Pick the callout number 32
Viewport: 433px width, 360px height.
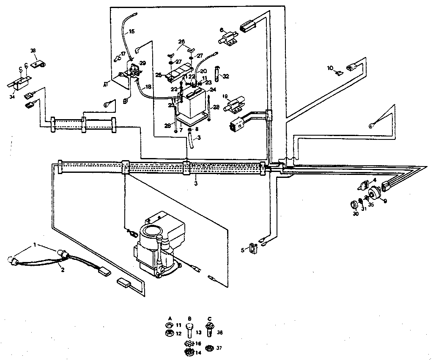[x=226, y=76]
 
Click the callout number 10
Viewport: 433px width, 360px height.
[x=330, y=67]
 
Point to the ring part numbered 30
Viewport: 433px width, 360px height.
[x=352, y=206]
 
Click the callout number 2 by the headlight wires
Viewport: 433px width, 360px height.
[x=62, y=270]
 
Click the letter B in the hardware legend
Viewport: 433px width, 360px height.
[x=189, y=317]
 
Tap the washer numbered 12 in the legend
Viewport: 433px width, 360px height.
[x=168, y=334]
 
